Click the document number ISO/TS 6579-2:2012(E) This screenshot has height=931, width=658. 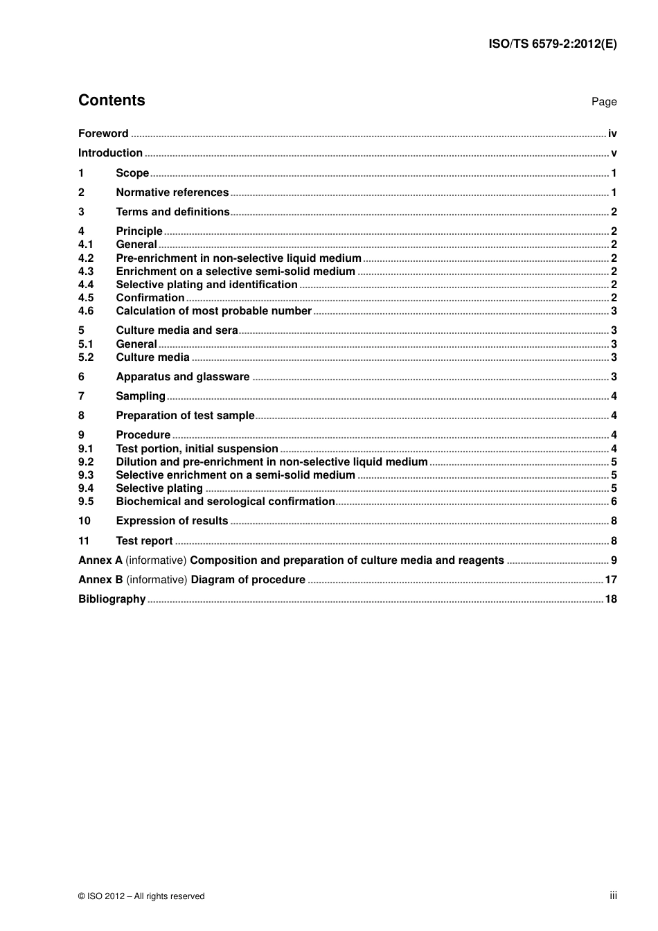pyautogui.click(x=552, y=44)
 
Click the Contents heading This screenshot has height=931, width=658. pyautogui.click(x=112, y=100)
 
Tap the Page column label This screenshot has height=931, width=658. pyautogui.click(x=603, y=102)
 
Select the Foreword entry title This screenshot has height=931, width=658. pyautogui.click(x=103, y=134)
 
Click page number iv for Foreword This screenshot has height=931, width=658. pyautogui.click(x=612, y=134)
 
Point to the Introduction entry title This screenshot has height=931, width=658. pyautogui.click(x=110, y=153)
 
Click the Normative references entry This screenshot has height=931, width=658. pyautogui.click(x=172, y=193)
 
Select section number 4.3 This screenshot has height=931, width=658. pyautogui.click(x=86, y=272)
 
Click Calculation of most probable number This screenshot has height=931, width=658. pyautogui.click(x=213, y=311)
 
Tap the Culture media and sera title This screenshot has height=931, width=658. pyautogui.click(x=177, y=330)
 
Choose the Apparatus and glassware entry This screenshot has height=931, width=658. pyautogui.click(x=182, y=377)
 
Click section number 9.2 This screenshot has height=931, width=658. pyautogui.click(x=86, y=462)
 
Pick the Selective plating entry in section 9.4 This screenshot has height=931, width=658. pyautogui.click(x=159, y=488)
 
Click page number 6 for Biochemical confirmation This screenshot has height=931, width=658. pyautogui.click(x=614, y=502)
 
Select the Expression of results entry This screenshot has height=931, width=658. pyautogui.click(x=172, y=521)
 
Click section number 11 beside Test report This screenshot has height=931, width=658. pyautogui.click(x=84, y=541)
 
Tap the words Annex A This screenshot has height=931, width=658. pyautogui.click(x=100, y=560)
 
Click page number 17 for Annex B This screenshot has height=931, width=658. pyautogui.click(x=611, y=580)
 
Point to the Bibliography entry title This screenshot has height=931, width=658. pyautogui.click(x=112, y=599)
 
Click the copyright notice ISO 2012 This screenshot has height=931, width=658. pyautogui.click(x=141, y=896)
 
